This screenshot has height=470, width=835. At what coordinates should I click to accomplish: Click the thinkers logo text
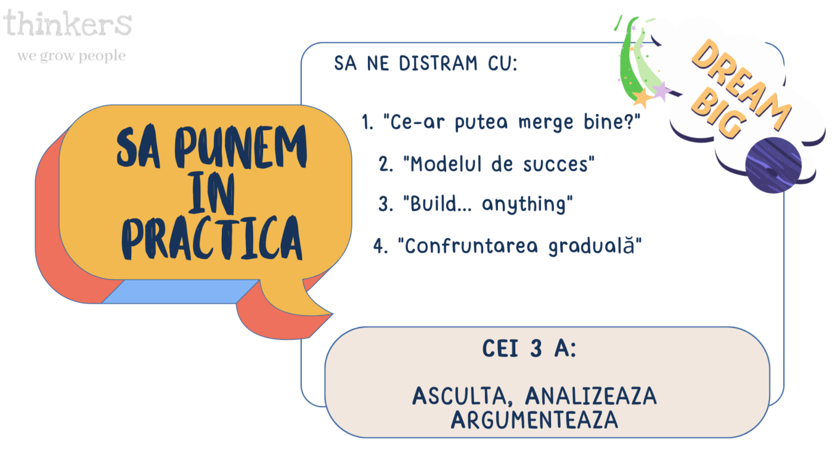pos(67,23)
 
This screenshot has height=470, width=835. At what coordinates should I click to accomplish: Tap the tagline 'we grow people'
pos(72,56)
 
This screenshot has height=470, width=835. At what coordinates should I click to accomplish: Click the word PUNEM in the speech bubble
pos(241,147)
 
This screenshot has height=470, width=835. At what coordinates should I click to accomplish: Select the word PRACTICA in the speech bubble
pos(212,237)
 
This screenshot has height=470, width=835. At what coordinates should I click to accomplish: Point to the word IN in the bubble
pos(212,193)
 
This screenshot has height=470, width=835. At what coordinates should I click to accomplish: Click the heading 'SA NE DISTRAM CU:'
pos(426,63)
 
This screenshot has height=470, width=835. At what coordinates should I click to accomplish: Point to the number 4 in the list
pos(380,246)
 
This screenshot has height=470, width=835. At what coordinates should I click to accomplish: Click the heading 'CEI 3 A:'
pos(530,348)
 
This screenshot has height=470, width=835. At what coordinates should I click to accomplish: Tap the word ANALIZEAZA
pos(591,395)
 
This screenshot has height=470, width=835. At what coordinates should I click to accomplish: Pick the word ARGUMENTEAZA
pos(534,420)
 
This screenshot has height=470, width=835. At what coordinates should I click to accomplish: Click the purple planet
pos(773,165)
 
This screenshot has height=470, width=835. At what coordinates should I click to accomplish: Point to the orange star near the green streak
pos(642,98)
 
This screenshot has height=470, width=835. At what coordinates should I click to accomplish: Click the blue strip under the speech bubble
pos(180,292)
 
